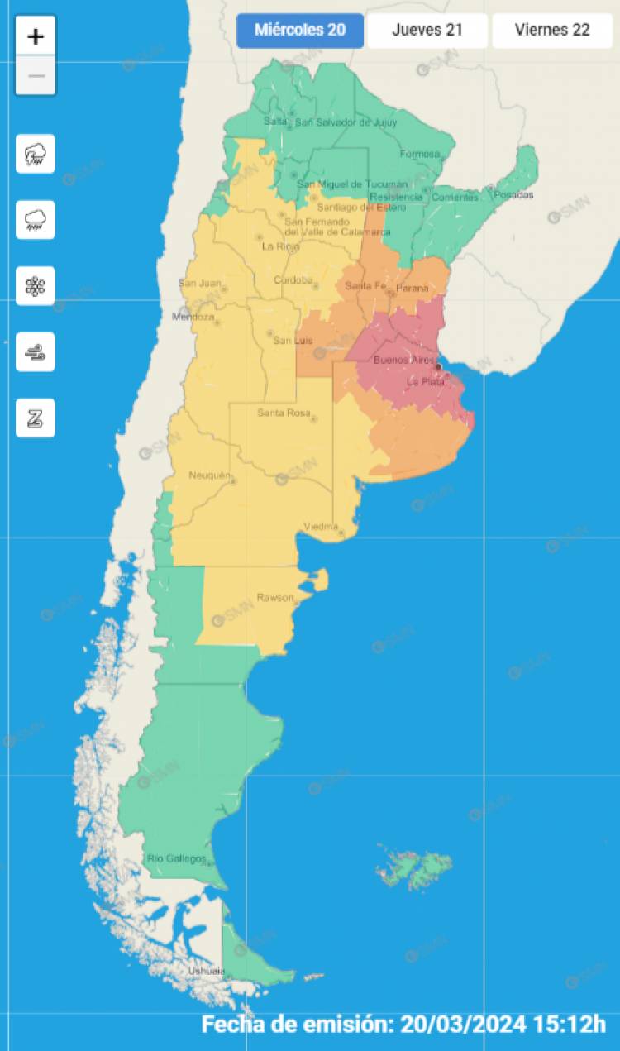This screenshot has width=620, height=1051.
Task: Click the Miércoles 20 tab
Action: (x=300, y=31)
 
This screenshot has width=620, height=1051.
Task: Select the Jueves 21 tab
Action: (x=427, y=31)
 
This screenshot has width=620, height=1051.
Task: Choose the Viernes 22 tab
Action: (x=552, y=31)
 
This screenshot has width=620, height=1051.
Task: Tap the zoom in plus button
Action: (x=36, y=36)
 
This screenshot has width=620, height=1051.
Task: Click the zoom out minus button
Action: (x=36, y=76)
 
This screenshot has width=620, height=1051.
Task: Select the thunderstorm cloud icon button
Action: (x=36, y=154)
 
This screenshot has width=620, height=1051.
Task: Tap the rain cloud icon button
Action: (x=36, y=220)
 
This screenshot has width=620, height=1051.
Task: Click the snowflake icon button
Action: (x=36, y=286)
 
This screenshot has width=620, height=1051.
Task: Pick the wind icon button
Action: (x=36, y=352)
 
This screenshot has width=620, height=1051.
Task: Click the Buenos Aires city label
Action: (x=403, y=360)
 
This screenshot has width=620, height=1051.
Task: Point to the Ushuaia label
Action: (x=206, y=970)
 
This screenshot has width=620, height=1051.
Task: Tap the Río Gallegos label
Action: (x=176, y=858)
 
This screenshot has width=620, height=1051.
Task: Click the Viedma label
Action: (x=320, y=526)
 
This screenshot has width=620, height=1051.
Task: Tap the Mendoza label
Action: (x=193, y=317)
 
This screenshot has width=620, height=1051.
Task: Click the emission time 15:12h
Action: (x=570, y=1024)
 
